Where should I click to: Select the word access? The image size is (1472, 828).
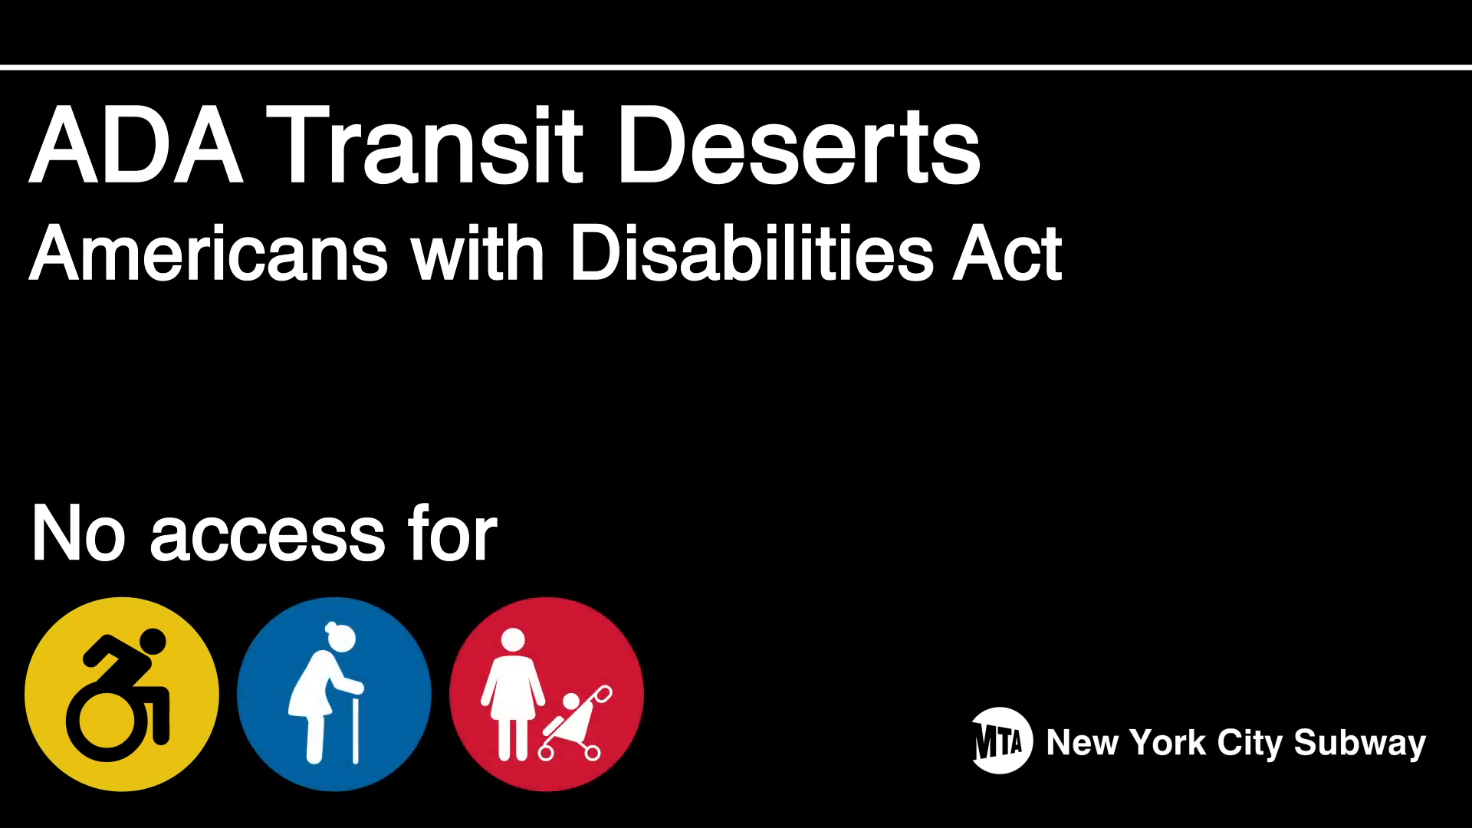click(x=268, y=534)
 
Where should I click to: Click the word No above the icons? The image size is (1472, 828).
click(x=77, y=534)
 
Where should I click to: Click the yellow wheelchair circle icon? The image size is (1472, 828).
click(x=122, y=694)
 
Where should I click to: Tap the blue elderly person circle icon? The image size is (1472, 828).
click(x=334, y=694)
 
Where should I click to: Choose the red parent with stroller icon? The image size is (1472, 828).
click(x=547, y=694)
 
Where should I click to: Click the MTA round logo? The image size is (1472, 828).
click(x=1001, y=741)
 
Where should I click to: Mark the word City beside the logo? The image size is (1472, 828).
click(x=1250, y=743)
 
